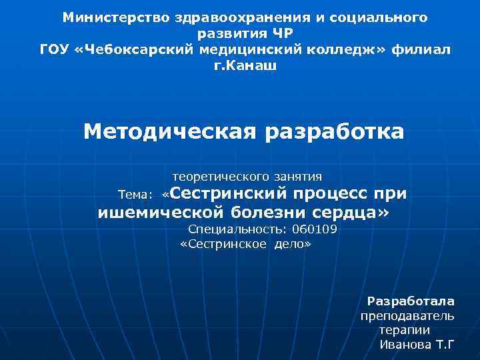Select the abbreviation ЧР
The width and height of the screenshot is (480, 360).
click(x=281, y=33)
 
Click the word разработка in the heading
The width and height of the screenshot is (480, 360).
click(x=335, y=131)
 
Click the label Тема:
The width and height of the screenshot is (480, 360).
click(x=135, y=195)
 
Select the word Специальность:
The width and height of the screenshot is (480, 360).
click(x=238, y=229)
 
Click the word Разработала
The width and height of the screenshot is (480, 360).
click(x=411, y=301)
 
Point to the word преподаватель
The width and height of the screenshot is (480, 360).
click(x=407, y=315)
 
